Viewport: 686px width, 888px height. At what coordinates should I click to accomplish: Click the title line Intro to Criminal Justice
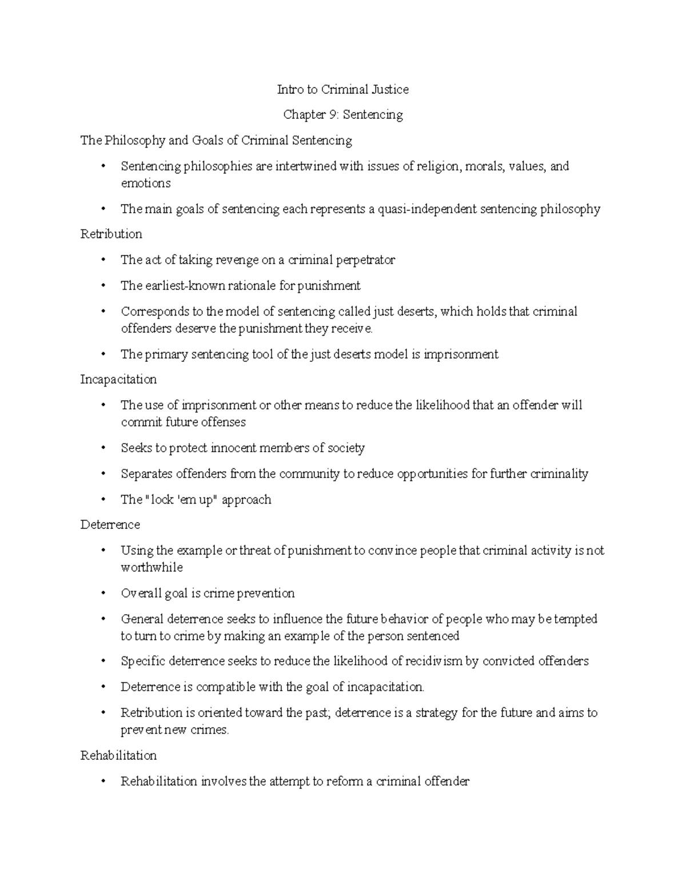click(x=342, y=89)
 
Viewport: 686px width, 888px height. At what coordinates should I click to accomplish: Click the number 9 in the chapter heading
click(x=332, y=115)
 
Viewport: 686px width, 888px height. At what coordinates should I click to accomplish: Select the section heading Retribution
click(x=111, y=234)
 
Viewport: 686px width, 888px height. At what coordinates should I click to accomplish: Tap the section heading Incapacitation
click(x=118, y=379)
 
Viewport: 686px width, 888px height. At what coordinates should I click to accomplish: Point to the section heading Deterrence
click(x=110, y=524)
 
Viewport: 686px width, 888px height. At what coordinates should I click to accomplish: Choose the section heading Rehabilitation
click(x=118, y=755)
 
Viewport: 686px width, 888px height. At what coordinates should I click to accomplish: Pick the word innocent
click(x=233, y=448)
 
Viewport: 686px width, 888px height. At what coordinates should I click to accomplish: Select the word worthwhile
click(x=151, y=567)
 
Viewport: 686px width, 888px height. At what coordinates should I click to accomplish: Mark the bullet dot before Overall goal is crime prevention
click(x=103, y=594)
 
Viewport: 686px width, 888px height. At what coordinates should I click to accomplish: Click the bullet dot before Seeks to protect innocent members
click(x=103, y=448)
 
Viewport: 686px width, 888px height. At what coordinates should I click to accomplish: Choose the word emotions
click(x=145, y=183)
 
